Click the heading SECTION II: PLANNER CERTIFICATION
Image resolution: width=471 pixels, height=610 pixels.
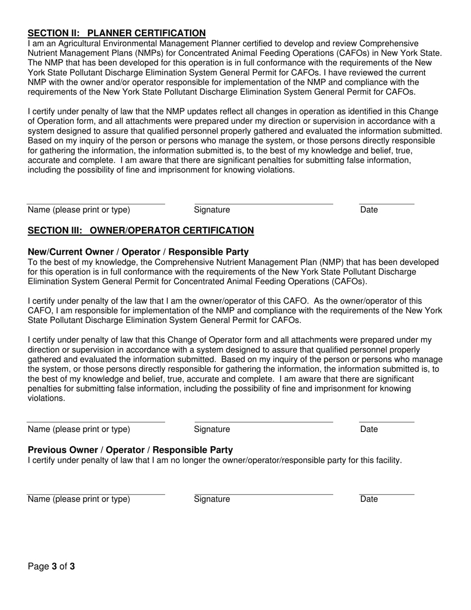coord(117,33)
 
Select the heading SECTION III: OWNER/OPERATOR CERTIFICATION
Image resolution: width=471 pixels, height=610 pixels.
coord(141,231)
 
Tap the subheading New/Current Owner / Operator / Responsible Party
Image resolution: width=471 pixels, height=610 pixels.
coord(138,252)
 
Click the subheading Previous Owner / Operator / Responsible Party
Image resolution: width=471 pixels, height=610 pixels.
coord(130,450)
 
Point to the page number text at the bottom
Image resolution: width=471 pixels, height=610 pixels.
coord(52,566)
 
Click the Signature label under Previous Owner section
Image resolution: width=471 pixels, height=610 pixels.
coord(212,499)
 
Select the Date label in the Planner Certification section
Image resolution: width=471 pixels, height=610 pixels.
coord(369,210)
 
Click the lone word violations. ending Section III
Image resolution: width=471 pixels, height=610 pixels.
coord(46,398)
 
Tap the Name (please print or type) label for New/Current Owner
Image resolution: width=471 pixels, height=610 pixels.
coord(79,429)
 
